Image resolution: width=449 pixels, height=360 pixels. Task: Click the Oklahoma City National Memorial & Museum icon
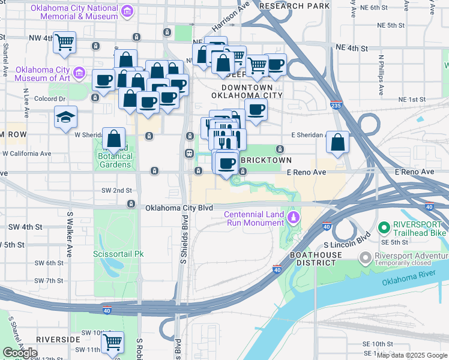point(127,11)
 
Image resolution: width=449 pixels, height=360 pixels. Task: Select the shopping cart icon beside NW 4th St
point(64,43)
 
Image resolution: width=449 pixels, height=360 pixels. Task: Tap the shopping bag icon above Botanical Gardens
point(113,139)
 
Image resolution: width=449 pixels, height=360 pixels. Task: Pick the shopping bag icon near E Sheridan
point(338,143)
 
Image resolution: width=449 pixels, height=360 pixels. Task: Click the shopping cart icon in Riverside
point(112,342)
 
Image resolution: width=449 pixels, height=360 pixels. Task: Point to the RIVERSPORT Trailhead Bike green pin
point(384,228)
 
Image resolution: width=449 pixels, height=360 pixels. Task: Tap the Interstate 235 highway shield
point(336,105)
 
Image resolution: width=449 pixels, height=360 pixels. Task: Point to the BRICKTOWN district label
point(266,161)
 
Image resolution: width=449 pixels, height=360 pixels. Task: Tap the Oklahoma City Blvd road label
point(179,208)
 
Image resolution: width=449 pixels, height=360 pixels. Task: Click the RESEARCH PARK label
point(295,5)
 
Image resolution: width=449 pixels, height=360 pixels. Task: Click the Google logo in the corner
point(20,353)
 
